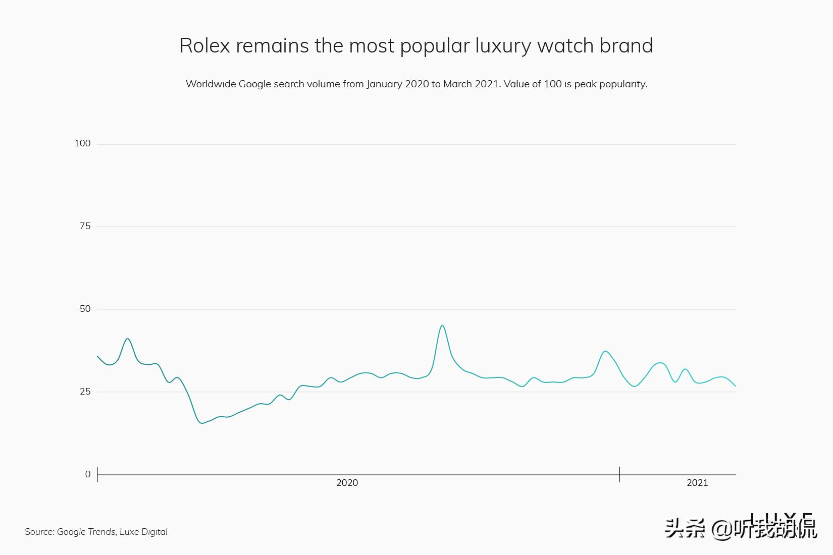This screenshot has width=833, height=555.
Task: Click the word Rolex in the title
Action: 204,46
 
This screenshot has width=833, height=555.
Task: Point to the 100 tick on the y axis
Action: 82,143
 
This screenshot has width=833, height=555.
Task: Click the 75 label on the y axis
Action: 85,226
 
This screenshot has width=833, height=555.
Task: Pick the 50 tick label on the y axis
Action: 85,309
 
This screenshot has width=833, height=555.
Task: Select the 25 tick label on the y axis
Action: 85,392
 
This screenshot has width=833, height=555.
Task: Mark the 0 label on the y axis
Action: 88,474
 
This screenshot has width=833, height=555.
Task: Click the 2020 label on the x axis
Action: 347,483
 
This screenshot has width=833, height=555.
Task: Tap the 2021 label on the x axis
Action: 697,483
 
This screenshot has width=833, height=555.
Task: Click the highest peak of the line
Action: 442,325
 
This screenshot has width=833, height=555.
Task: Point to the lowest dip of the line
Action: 202,423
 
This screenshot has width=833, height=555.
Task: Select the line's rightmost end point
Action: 736,386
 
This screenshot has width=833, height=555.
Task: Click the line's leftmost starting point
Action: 97,356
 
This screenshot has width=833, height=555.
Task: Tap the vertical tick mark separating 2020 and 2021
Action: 619,474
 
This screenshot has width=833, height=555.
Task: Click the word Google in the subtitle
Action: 255,84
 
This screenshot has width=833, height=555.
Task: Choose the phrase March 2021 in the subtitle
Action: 472,84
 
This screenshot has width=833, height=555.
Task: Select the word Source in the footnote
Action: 39,532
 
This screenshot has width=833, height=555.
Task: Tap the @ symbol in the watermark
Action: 721,529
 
